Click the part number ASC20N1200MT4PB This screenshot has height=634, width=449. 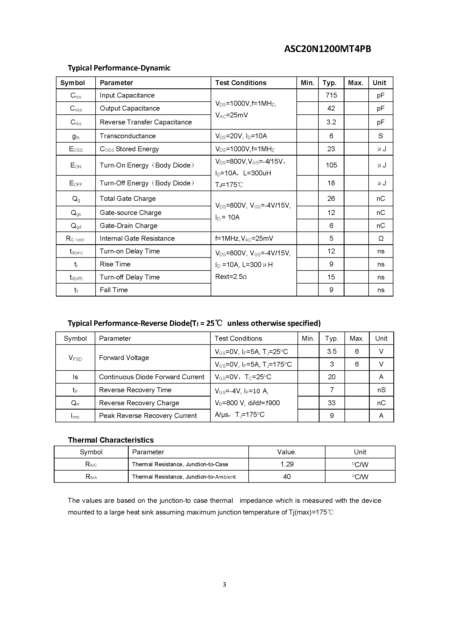tap(327, 49)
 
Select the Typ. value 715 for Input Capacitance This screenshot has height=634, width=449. tap(331, 95)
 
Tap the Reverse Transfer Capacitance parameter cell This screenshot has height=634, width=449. tap(146, 122)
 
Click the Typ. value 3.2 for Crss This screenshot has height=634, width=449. tap(331, 122)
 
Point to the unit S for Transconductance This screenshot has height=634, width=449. tap(380, 136)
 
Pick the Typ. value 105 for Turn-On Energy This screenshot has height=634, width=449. tap(331, 165)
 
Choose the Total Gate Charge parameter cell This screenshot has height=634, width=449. tap(128, 198)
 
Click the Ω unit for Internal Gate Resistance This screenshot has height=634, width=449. tap(381, 238)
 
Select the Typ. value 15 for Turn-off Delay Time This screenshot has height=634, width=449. tap(331, 277)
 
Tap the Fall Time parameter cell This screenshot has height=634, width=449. tap(114, 290)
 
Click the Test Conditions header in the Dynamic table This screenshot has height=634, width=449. tap(241, 83)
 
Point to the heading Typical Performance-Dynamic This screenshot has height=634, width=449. tap(119, 68)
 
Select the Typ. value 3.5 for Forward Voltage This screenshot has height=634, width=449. tap(331, 352)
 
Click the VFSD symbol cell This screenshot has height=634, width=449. tap(75, 358)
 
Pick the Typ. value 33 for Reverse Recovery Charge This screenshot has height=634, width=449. tap(331, 403)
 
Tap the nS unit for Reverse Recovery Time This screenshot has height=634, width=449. tap(381, 390)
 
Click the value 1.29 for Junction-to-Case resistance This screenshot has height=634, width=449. tap(287, 464)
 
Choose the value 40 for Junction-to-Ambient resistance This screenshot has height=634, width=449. tap(287, 477)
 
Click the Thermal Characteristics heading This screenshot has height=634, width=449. tap(110, 440)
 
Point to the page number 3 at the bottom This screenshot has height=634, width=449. tap(224, 584)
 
